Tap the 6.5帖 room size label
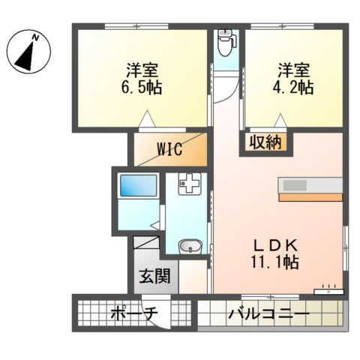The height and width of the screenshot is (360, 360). [142, 87]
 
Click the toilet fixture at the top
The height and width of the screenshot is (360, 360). [225, 43]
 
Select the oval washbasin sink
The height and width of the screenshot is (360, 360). [189, 245]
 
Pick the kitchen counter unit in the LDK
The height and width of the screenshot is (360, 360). [310, 188]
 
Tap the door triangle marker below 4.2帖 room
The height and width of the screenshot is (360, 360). [280, 118]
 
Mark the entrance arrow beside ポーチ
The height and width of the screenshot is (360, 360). [175, 314]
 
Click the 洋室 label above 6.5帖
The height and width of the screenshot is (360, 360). [142, 71]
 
